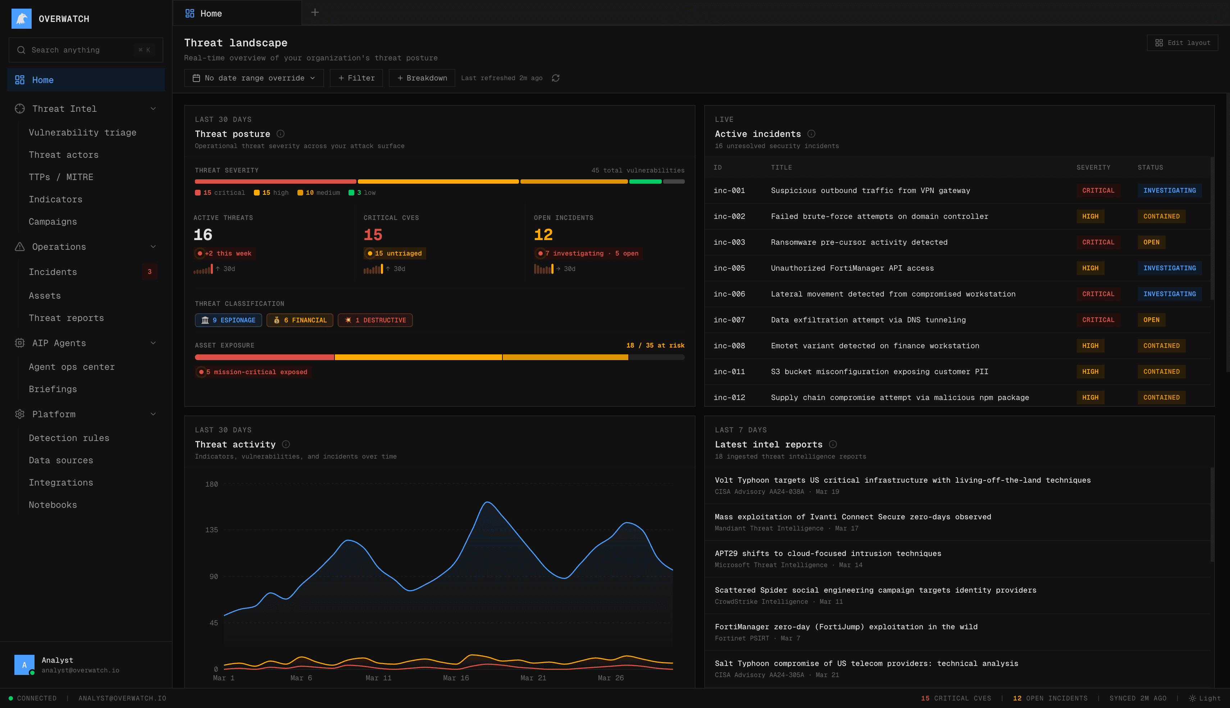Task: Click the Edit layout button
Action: (x=1182, y=43)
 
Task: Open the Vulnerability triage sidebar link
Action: (x=82, y=132)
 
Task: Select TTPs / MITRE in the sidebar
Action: (x=61, y=177)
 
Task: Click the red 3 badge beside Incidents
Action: (x=149, y=272)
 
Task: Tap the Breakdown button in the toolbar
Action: (x=422, y=78)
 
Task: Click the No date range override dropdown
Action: (x=254, y=78)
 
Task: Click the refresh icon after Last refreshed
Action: (x=556, y=78)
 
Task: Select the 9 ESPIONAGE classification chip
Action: (x=228, y=320)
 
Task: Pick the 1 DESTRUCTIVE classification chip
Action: (x=375, y=320)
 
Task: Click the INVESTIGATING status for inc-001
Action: (x=1169, y=190)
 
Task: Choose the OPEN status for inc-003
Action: (x=1151, y=242)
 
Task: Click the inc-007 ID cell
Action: (x=729, y=320)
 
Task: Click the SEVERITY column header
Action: (x=1093, y=167)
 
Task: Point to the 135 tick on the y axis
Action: (x=211, y=529)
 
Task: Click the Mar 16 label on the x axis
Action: (x=456, y=678)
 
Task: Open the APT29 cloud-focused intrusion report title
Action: (x=828, y=553)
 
